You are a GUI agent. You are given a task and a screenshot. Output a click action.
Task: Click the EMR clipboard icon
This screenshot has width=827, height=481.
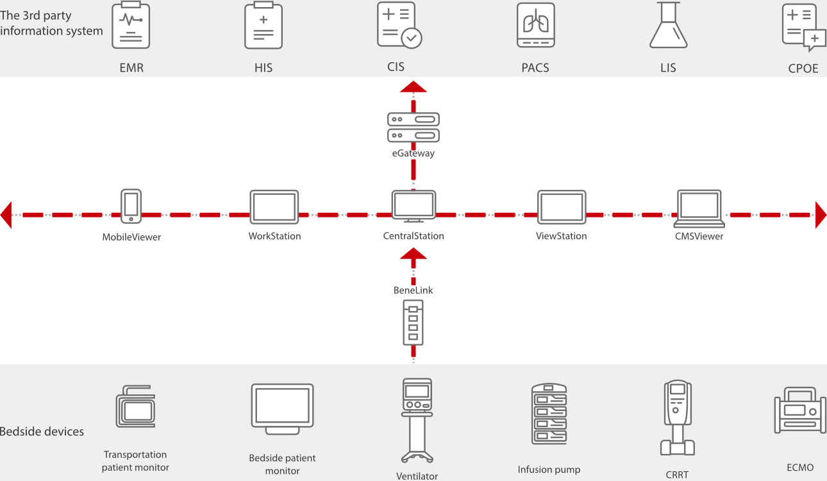pyautogui.click(x=131, y=26)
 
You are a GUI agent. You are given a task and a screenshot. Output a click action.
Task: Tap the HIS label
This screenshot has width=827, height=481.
pyautogui.click(x=263, y=67)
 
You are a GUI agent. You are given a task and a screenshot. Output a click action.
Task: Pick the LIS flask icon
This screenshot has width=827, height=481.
pyautogui.click(x=669, y=26)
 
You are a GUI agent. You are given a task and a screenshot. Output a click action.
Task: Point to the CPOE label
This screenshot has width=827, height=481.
pyautogui.click(x=803, y=69)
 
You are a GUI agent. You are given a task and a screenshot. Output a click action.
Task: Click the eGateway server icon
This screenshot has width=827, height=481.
pyautogui.click(x=413, y=127)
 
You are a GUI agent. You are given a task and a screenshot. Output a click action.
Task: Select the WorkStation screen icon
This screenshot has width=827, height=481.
pyautogui.click(x=274, y=207)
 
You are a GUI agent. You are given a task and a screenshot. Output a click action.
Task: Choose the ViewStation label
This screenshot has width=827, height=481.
pyautogui.click(x=562, y=236)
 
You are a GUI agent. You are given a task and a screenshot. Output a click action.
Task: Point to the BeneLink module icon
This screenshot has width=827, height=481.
pyautogui.click(x=413, y=323)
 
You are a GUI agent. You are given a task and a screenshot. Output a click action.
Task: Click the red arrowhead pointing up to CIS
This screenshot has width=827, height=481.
pyautogui.click(x=413, y=87)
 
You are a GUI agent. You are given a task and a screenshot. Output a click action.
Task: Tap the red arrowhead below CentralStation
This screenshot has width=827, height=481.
pyautogui.click(x=413, y=254)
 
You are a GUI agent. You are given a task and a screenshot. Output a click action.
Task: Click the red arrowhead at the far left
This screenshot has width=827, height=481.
pyautogui.click(x=6, y=214)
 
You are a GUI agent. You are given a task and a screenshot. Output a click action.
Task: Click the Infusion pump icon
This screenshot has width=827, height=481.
pyautogui.click(x=549, y=414)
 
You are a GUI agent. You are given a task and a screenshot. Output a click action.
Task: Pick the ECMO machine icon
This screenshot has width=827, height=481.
pyautogui.click(x=800, y=410)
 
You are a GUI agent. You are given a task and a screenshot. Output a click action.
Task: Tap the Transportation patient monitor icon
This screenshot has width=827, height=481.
pyautogui.click(x=135, y=407)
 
